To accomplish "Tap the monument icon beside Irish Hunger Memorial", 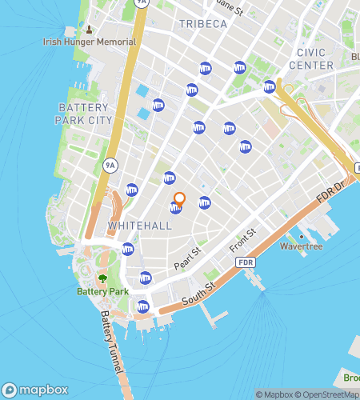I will pyautogui.click(x=89, y=30).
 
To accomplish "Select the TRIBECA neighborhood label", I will pyautogui.click(x=202, y=24).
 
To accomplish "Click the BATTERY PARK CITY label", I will pyautogui.click(x=84, y=113).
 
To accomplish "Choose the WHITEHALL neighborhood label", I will pyautogui.click(x=139, y=226).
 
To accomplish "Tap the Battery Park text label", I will pyautogui.click(x=102, y=292).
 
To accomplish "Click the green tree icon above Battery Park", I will pyautogui.click(x=102, y=279).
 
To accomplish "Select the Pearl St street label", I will pyautogui.click(x=189, y=257).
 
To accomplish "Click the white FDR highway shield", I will pyautogui.click(x=246, y=262).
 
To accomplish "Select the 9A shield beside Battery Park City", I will pyautogui.click(x=110, y=166).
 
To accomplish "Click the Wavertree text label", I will pyautogui.click(x=300, y=247).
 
